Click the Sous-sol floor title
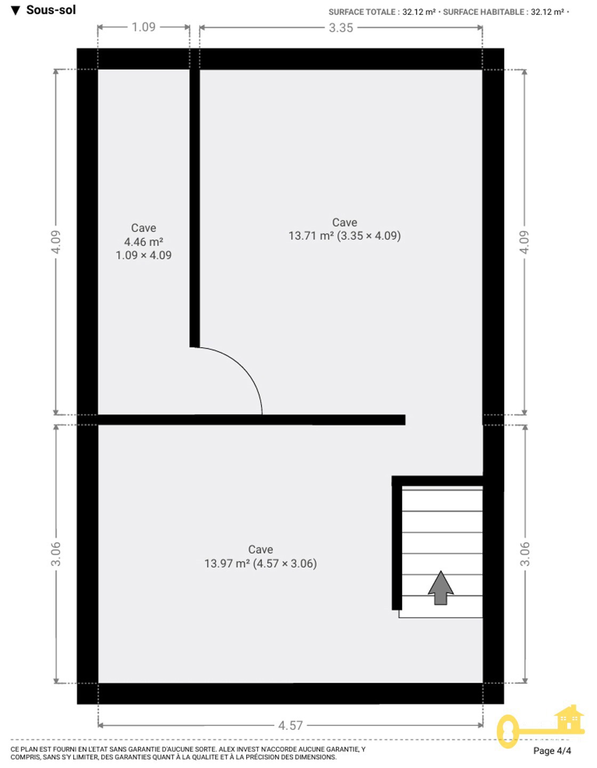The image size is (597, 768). coord(51,10)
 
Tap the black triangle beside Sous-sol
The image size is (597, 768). coord(15,11)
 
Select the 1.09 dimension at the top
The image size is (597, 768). coord(143,27)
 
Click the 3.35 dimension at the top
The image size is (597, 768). coord(341,28)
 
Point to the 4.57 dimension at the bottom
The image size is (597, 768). coord(291,725)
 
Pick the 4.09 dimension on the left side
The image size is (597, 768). coord(56,242)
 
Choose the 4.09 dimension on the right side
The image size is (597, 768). coord(525,242)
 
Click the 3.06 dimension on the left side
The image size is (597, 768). coord(56,554)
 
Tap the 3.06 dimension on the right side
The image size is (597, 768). coord(525,554)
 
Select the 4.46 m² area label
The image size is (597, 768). coord(143,242)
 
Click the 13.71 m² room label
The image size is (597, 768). coord(344,236)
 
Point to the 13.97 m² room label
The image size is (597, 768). coord(260,563)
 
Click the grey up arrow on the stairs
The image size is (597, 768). coord(440,588)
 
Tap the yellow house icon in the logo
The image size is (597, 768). coord(569,717)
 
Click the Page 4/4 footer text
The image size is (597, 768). coord(552,751)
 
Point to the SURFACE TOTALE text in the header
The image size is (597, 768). coord(362,12)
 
